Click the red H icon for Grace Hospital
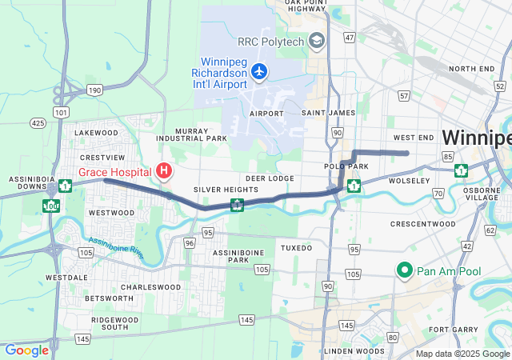tap(164, 170)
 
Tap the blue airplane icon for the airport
tap(258, 72)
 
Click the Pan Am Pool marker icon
tap(404, 271)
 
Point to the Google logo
tap(26, 350)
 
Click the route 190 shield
tap(94, 90)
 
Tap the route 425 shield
tap(37, 123)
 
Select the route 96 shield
tap(189, 242)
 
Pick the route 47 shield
tap(349, 38)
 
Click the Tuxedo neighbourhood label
tap(296, 248)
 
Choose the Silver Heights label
tap(215, 190)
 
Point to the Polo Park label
tap(345, 166)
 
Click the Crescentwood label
tap(422, 224)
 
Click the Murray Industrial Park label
tap(192, 134)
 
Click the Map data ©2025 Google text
tap(462, 354)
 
